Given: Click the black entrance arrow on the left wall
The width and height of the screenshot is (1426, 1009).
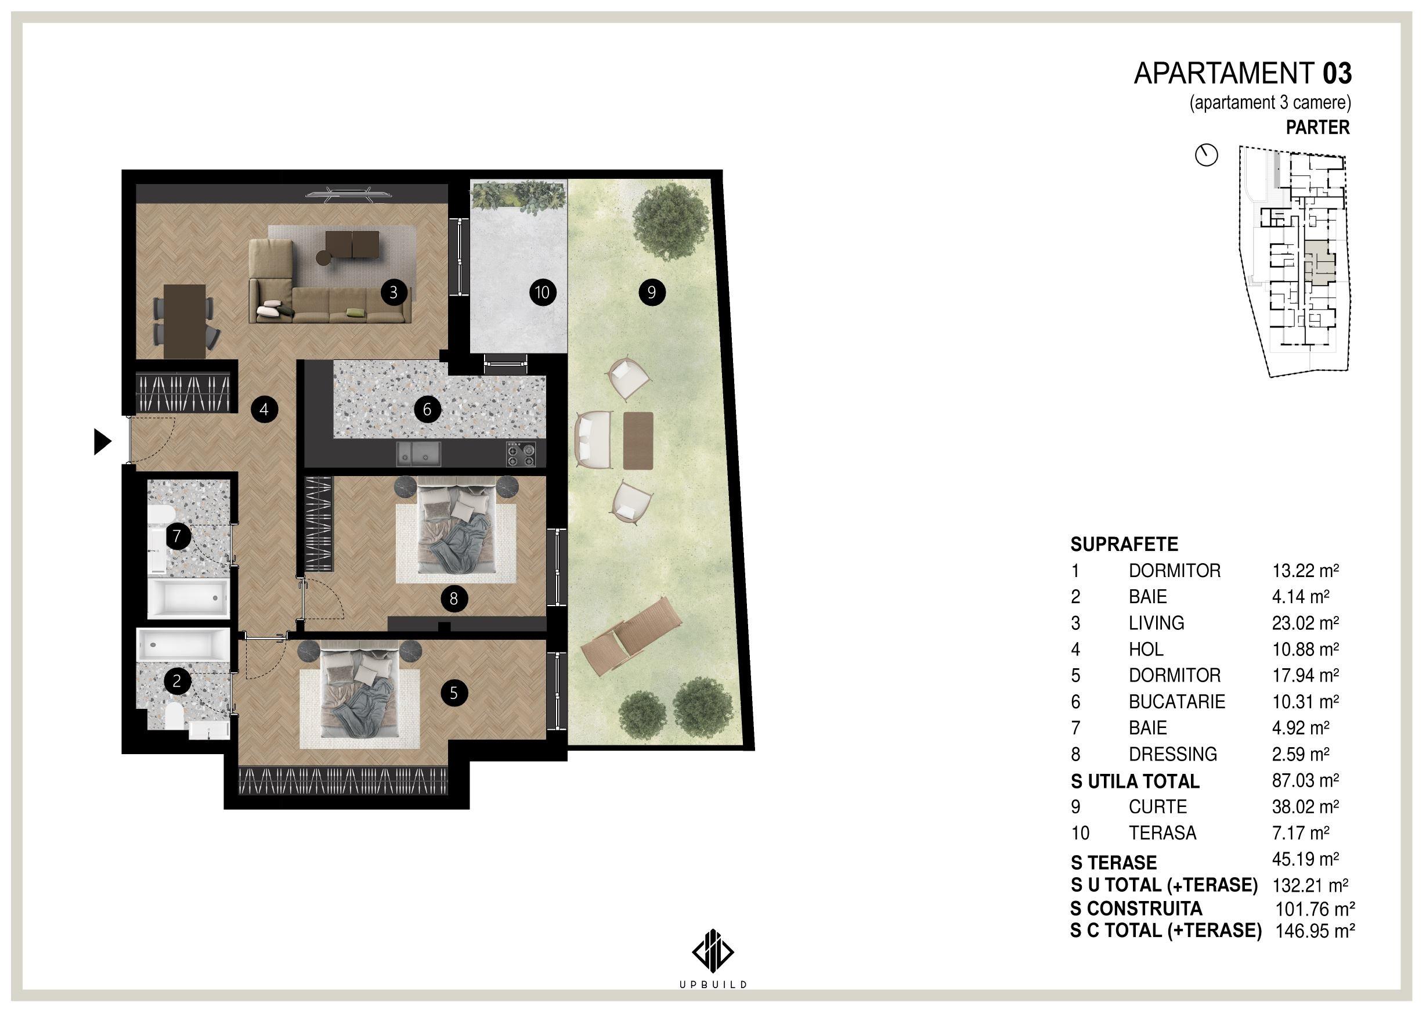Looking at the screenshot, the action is coord(102,442).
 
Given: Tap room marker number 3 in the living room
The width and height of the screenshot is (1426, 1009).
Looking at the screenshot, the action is coord(393,291).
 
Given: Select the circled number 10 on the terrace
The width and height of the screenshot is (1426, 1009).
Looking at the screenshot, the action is coord(542,292).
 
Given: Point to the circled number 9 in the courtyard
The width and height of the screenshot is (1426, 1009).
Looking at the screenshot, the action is coord(652,291).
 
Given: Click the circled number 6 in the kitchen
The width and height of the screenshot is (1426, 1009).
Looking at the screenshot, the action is coord(427,409).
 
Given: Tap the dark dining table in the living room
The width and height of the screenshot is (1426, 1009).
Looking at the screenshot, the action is coord(185,321).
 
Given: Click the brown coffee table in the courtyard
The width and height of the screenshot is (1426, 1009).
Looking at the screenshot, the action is coord(638,441).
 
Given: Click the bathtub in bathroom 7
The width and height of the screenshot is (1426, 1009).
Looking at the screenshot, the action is coord(187,600).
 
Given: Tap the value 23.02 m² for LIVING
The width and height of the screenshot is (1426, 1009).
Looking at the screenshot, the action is coord(1305,622).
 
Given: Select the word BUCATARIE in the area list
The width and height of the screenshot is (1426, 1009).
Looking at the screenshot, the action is coord(1176,701).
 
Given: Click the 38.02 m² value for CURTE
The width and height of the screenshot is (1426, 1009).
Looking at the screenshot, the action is coord(1305,806).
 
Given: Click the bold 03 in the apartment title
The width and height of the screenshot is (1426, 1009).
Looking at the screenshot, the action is coord(1337,73).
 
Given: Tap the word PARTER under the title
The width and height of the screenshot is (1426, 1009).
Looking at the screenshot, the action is coord(1318,127).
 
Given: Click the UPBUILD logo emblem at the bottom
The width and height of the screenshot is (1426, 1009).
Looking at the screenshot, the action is coord(712,950).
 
